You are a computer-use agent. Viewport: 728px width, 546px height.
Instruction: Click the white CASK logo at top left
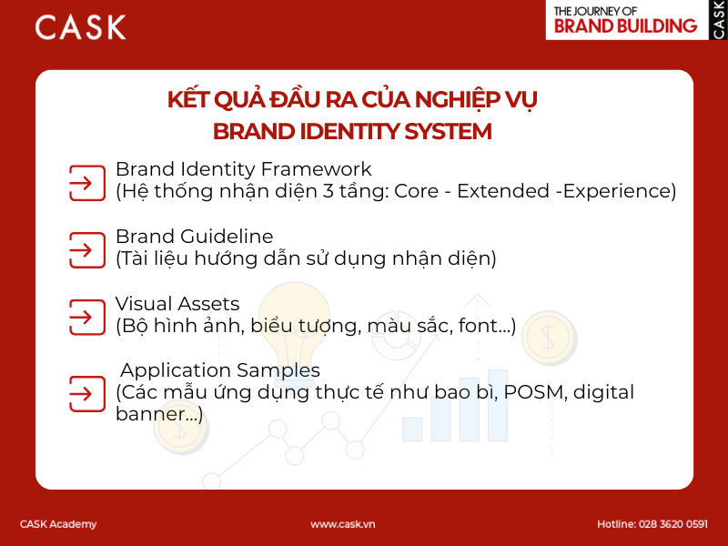80,27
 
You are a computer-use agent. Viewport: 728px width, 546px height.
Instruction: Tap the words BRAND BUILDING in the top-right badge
625,26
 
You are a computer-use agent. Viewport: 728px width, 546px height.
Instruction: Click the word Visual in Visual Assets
144,304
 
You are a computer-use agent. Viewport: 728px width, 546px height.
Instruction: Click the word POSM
531,392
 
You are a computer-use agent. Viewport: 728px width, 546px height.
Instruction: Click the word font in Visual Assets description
479,326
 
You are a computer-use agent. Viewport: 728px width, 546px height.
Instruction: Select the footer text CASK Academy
58,524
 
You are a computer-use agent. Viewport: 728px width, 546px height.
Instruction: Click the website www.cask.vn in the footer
343,524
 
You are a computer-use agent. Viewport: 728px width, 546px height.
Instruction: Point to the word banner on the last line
147,415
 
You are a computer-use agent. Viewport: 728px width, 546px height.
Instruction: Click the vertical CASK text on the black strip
719,20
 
